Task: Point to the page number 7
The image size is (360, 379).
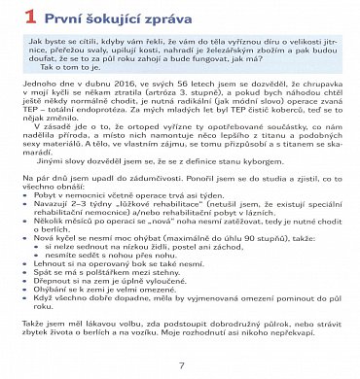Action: (181, 364)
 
